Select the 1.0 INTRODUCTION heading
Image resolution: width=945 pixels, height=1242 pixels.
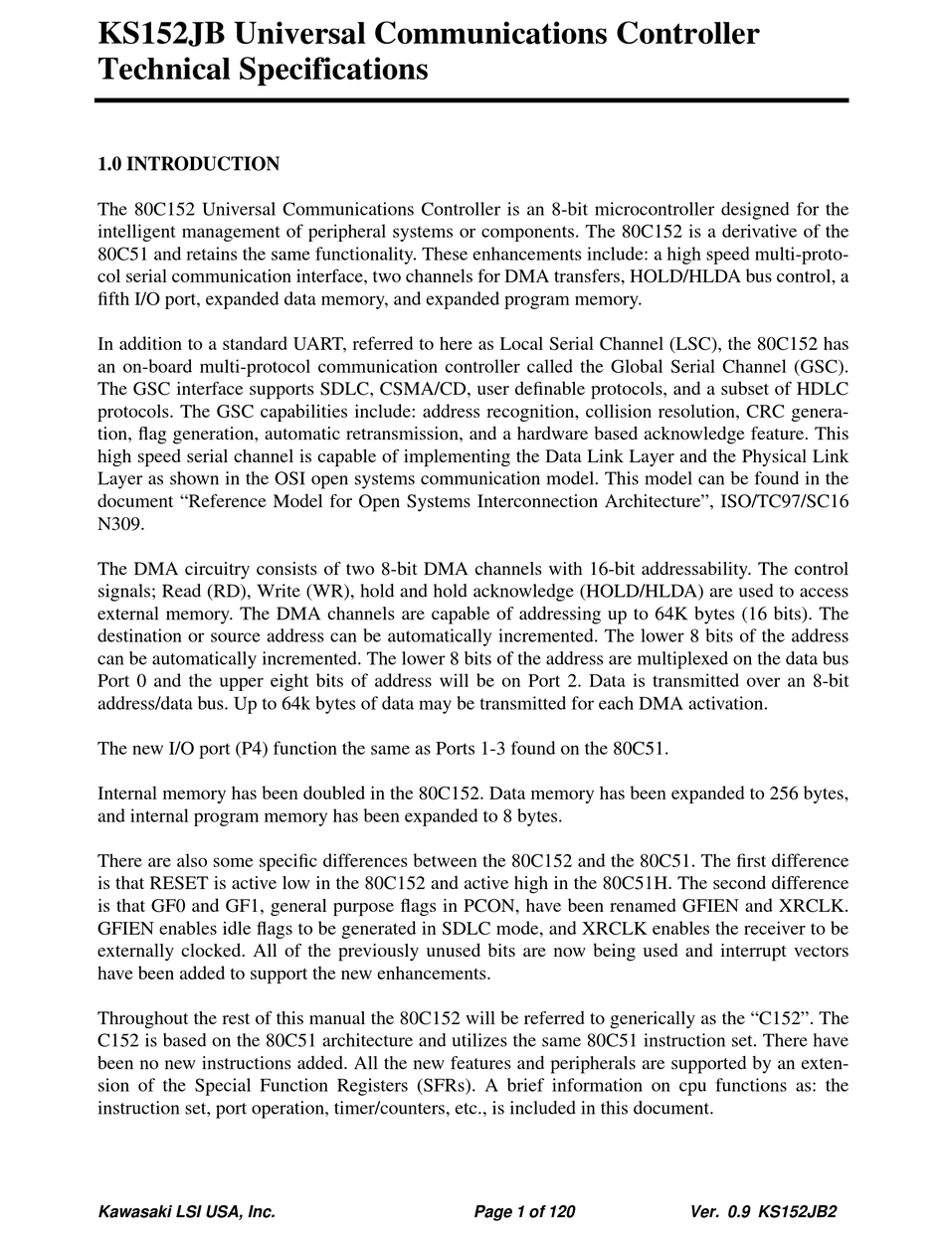(188, 164)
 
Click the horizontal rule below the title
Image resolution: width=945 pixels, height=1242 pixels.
(472, 100)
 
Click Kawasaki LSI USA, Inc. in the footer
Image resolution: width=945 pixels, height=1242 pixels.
(186, 1212)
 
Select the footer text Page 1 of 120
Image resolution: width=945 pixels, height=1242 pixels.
(524, 1212)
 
